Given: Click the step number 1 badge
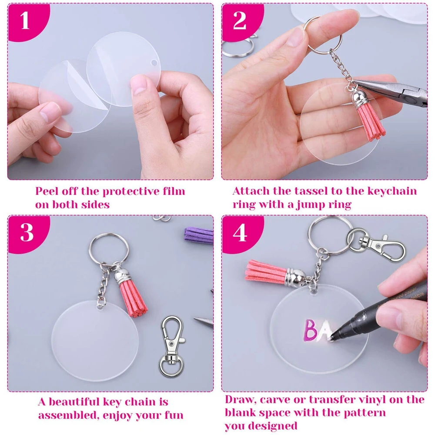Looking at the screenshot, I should [x=25, y=20].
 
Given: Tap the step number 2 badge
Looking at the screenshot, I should [x=240, y=20].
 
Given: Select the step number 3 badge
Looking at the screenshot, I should [x=27, y=232].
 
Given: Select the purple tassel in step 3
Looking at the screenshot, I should [x=199, y=234].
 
